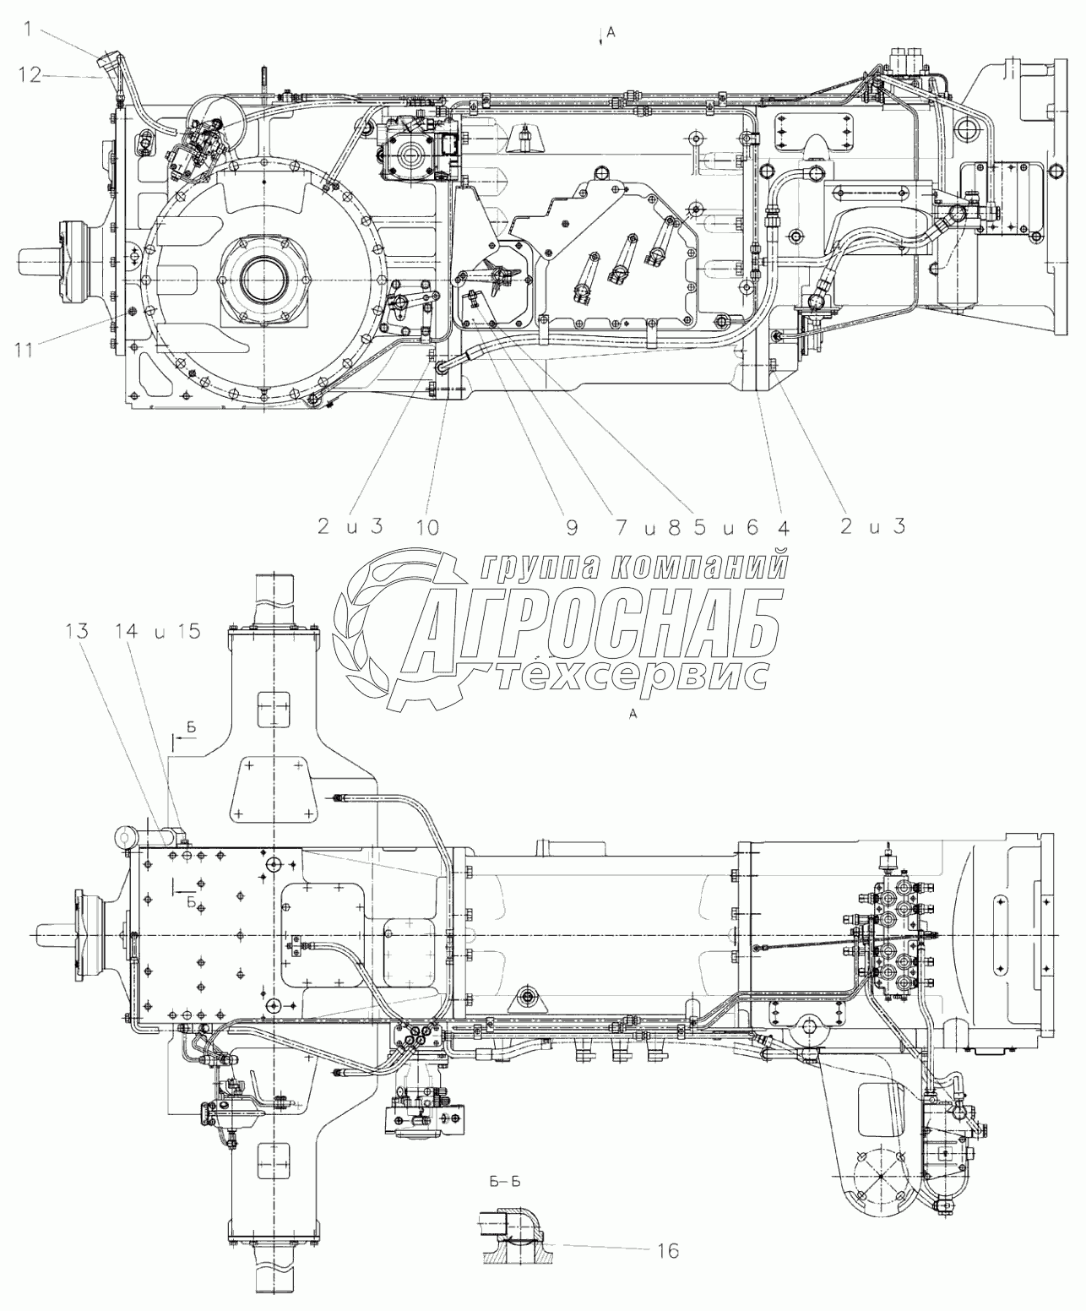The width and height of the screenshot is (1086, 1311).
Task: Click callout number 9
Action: (572, 527)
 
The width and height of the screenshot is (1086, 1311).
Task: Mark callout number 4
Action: (782, 527)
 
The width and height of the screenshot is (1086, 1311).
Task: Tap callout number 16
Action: (667, 1249)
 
